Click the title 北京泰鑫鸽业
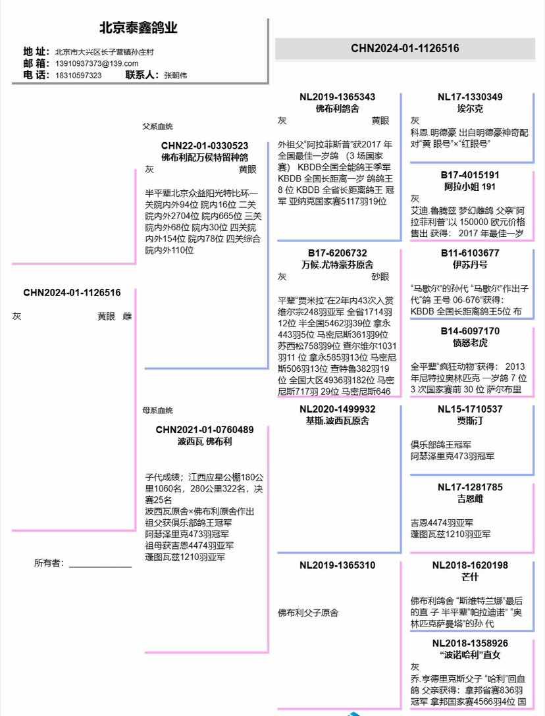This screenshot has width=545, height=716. coord(138,28)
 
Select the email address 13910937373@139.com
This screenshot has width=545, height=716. coord(97,63)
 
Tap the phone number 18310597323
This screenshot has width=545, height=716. coord(78,75)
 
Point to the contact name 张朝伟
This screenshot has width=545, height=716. coord(175,75)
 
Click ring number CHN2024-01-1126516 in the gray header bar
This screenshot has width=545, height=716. coord(405,48)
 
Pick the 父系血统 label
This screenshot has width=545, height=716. coord(158,126)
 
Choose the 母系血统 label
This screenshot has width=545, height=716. coord(158,411)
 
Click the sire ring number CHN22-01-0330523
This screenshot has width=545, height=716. coord(205,145)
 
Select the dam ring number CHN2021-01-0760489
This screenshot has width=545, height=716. coord(205,430)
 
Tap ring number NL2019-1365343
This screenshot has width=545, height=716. coord(338,97)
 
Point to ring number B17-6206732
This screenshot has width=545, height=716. coord(338,253)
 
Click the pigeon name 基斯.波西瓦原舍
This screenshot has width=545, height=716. coord(338,421)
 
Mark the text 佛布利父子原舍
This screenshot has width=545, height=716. coord(308,613)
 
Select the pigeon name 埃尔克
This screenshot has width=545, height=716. coord(470,109)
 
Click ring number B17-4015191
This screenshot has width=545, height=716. coord(470,175)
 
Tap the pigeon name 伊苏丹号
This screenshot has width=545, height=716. coord(470,265)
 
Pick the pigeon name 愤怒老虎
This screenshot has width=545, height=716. coord(470,343)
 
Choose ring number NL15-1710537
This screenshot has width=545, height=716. coord(470,409)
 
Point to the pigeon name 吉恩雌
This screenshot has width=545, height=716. coord(470,499)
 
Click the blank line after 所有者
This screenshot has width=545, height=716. coord(100,565)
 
